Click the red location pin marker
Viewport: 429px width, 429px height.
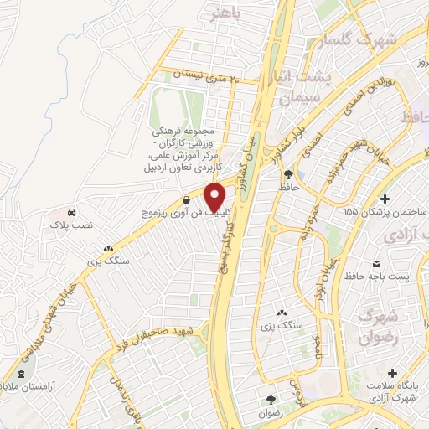[215, 197]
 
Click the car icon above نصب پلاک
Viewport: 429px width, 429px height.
[72, 212]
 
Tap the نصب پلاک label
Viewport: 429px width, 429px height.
[74, 227]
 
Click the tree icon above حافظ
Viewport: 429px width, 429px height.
[289, 174]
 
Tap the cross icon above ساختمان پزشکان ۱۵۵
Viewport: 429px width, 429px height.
[385, 199]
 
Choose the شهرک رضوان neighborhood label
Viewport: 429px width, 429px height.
[376, 328]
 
